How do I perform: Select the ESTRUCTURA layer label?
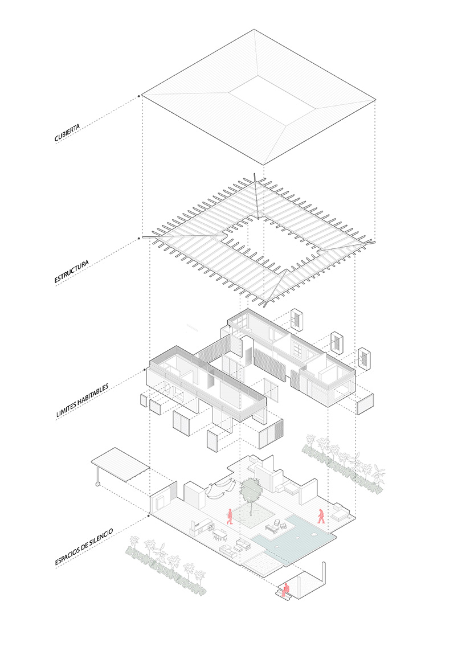click(x=71, y=272)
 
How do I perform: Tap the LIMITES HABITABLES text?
click(x=82, y=400)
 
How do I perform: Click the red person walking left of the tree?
click(x=230, y=517)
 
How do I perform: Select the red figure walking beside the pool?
click(x=321, y=516)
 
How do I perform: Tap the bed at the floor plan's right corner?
click(x=340, y=515)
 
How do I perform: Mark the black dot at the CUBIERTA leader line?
click(x=139, y=96)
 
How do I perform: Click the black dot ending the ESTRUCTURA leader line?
click(x=139, y=238)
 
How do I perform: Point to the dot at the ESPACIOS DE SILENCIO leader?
click(x=149, y=515)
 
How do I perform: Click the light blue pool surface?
click(x=303, y=538)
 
